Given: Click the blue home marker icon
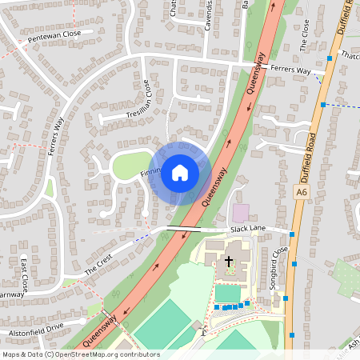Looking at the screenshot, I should pyautogui.click(x=180, y=172).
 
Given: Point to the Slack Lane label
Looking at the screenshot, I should pyautogui.click(x=247, y=229).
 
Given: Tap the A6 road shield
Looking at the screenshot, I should pyautogui.click(x=300, y=192).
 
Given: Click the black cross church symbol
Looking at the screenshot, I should pyautogui.click(x=228, y=262).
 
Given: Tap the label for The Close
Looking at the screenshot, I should pyautogui.click(x=304, y=35).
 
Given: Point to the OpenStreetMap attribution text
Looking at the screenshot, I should pyautogui.click(x=82, y=354).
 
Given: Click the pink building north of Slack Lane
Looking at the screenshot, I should pyautogui.click(x=240, y=214).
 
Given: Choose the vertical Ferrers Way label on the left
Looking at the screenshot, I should pyautogui.click(x=56, y=138).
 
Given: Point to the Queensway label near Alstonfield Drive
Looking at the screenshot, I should pyautogui.click(x=99, y=330).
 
